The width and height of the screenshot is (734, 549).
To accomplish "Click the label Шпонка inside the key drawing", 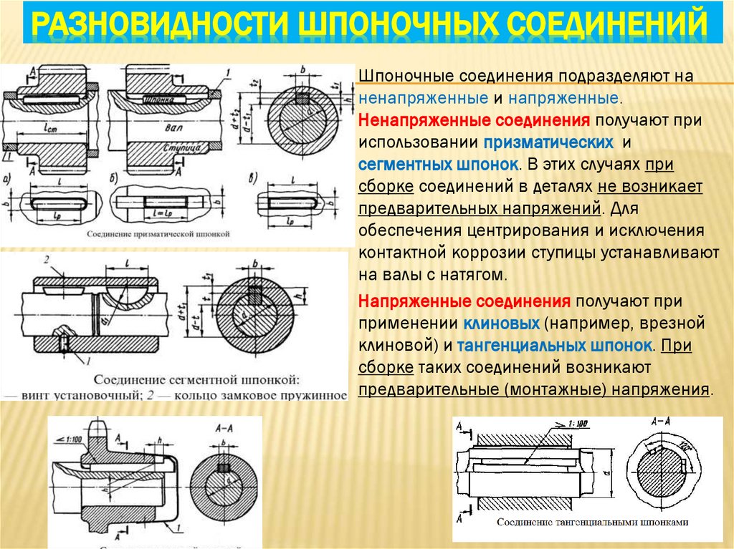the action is tap(160, 100).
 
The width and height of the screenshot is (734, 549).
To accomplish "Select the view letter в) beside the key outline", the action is tap(252, 178).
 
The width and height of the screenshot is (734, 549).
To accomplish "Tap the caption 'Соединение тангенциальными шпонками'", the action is tap(592, 522).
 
